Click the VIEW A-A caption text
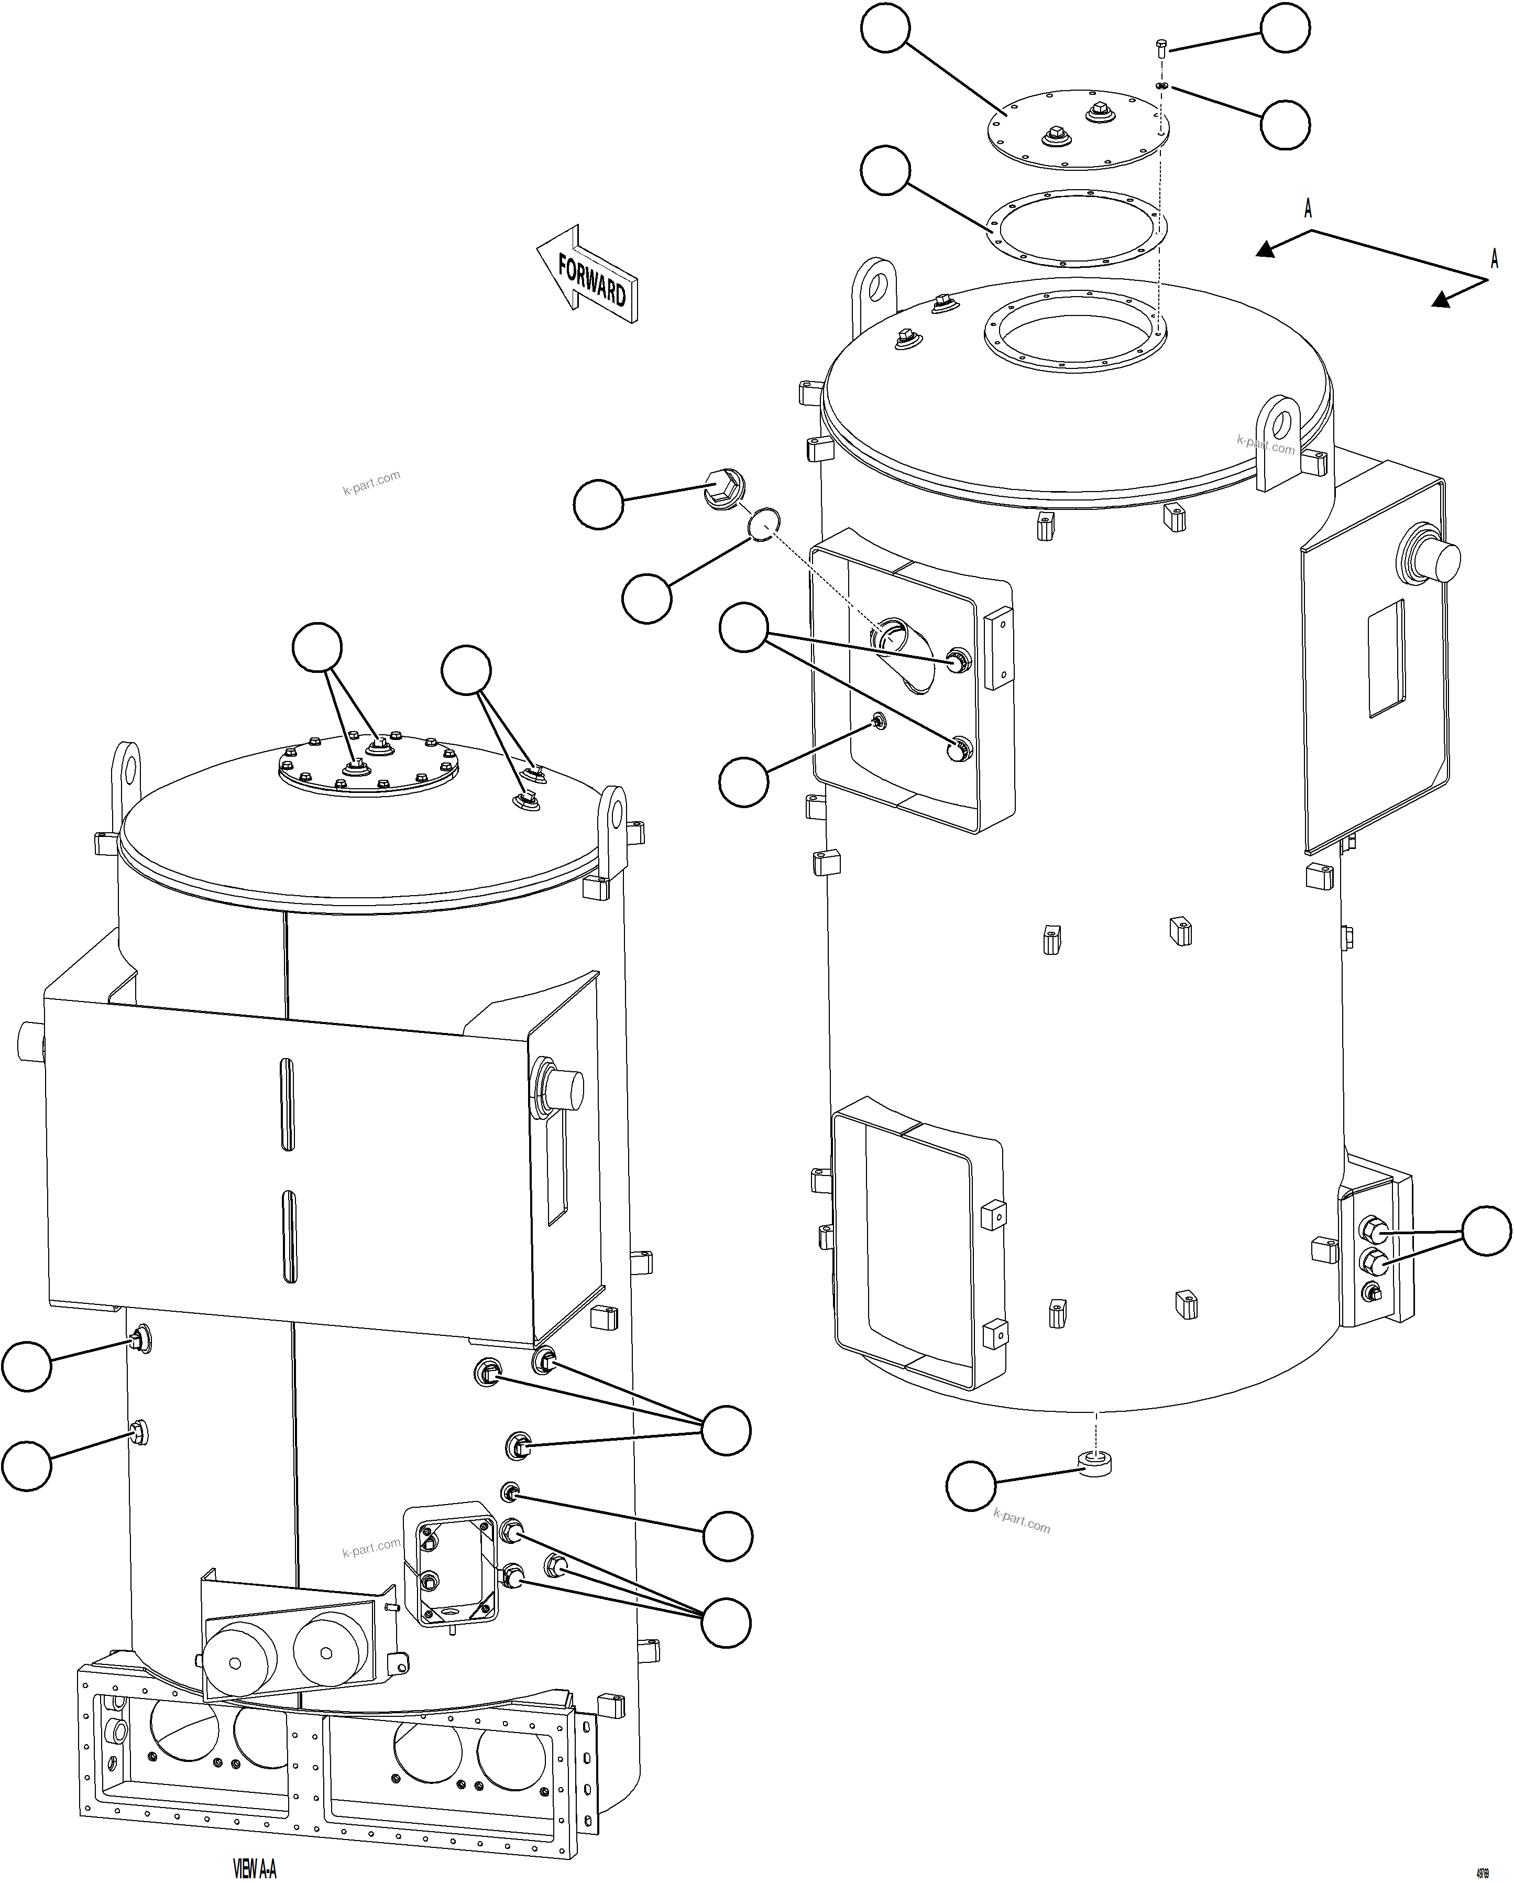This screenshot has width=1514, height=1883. click(254, 1867)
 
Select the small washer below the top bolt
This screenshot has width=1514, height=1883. click(1161, 85)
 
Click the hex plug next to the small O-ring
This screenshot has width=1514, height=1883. click(723, 489)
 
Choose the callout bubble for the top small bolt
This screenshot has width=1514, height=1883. click(1285, 29)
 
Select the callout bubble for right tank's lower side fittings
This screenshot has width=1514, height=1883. click(1486, 1231)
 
